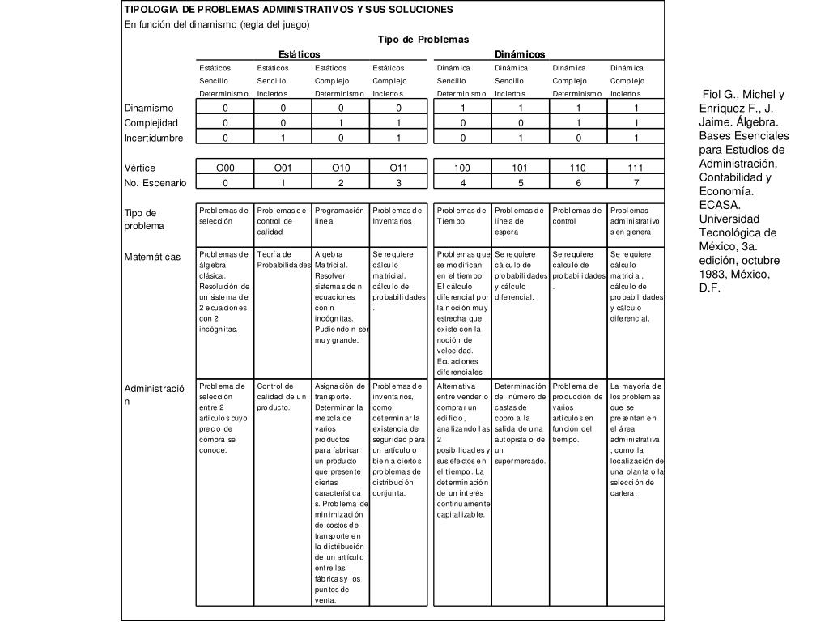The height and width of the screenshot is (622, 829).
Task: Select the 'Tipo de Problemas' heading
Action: point(423,40)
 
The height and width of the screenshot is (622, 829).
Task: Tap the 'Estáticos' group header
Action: point(300,54)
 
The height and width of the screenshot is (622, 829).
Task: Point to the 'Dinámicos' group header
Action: point(520,54)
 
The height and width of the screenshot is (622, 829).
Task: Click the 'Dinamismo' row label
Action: point(149,108)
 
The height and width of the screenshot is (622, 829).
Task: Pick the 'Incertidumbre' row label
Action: point(154,138)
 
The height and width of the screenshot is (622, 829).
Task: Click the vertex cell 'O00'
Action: point(225,168)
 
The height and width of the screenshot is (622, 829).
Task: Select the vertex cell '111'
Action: point(636,168)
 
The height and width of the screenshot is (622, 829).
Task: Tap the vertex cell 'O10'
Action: point(341,168)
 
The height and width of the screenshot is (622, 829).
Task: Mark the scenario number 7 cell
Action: point(636,183)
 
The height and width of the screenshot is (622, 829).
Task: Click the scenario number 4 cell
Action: point(462,183)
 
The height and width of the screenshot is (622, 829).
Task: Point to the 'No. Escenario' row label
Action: point(155,183)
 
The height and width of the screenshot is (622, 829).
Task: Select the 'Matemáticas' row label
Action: point(152,257)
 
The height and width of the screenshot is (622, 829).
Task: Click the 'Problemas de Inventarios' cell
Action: point(398,215)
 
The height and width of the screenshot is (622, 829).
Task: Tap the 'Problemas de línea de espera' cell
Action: point(521,221)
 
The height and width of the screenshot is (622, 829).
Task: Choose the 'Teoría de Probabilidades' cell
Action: point(283,259)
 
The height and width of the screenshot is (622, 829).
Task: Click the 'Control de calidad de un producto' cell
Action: point(283,397)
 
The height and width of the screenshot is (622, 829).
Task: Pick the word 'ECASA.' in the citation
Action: point(720,205)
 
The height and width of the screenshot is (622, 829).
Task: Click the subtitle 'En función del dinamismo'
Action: point(211,24)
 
